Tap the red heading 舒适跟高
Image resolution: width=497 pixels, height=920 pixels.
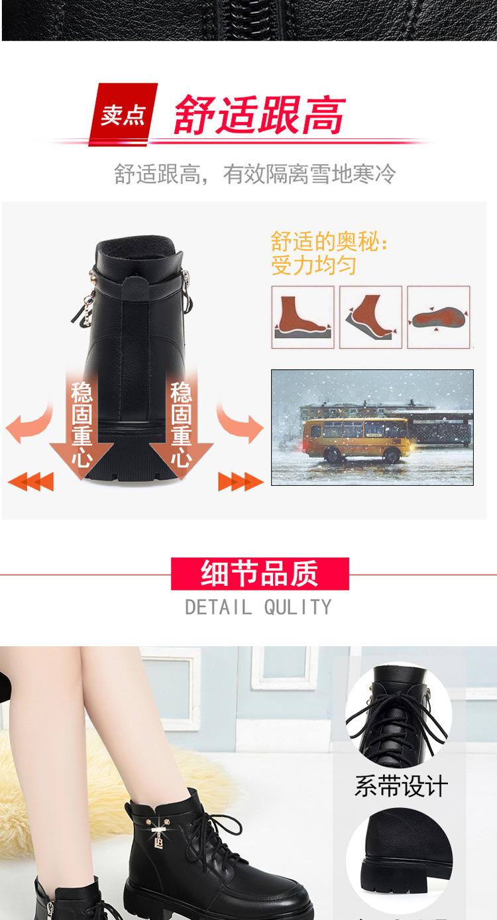[259, 114]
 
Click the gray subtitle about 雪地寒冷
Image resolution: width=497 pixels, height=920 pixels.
[254, 174]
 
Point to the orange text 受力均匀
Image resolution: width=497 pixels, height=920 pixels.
[313, 265]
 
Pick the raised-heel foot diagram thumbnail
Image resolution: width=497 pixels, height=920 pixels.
[370, 317]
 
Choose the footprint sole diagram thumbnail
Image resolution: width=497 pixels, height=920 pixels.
[438, 317]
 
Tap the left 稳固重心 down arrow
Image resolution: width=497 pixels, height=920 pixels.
[81, 424]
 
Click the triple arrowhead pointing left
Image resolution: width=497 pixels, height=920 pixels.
[29, 481]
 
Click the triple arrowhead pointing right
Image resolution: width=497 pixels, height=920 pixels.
[241, 481]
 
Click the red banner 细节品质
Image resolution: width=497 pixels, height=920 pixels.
[259, 573]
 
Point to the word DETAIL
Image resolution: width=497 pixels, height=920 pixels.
[217, 606]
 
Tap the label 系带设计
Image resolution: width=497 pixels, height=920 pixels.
[401, 787]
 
